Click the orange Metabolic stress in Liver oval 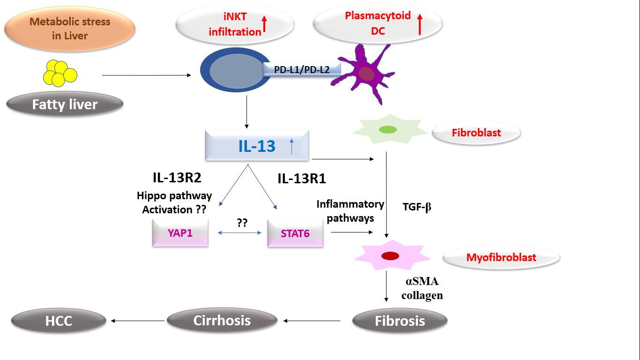[69, 29]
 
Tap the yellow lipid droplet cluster [60, 73]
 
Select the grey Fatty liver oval [65, 104]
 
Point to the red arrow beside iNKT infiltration [264, 24]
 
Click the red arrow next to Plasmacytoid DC [420, 24]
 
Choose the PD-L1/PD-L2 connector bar [302, 70]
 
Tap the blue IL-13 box [257, 146]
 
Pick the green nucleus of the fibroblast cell [388, 129]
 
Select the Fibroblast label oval [476, 133]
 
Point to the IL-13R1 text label [302, 179]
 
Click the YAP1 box [180, 233]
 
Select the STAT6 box [295, 233]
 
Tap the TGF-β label [417, 207]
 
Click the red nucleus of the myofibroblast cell [390, 256]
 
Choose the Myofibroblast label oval [501, 257]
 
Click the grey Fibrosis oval [400, 321]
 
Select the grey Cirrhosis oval [222, 321]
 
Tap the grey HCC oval [59, 321]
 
